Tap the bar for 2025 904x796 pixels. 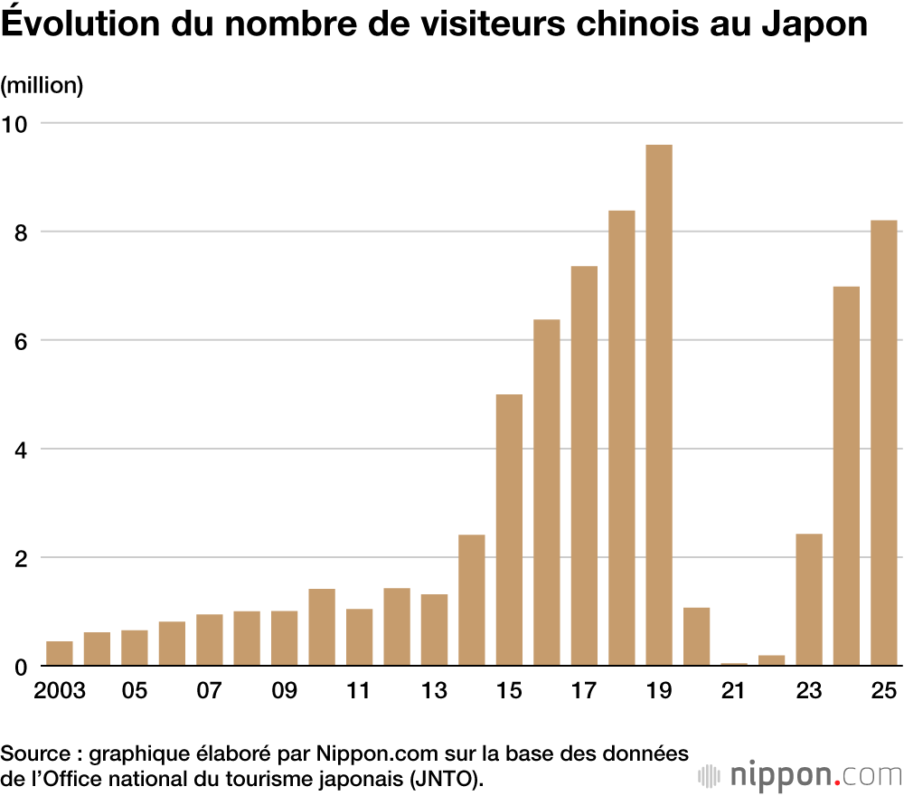click(883, 443)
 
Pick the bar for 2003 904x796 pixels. click(60, 653)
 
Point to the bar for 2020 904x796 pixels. click(696, 637)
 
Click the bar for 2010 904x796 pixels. click(322, 627)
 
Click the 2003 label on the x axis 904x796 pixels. click(60, 691)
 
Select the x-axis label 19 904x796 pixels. click(659, 691)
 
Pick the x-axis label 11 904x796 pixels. click(359, 691)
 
